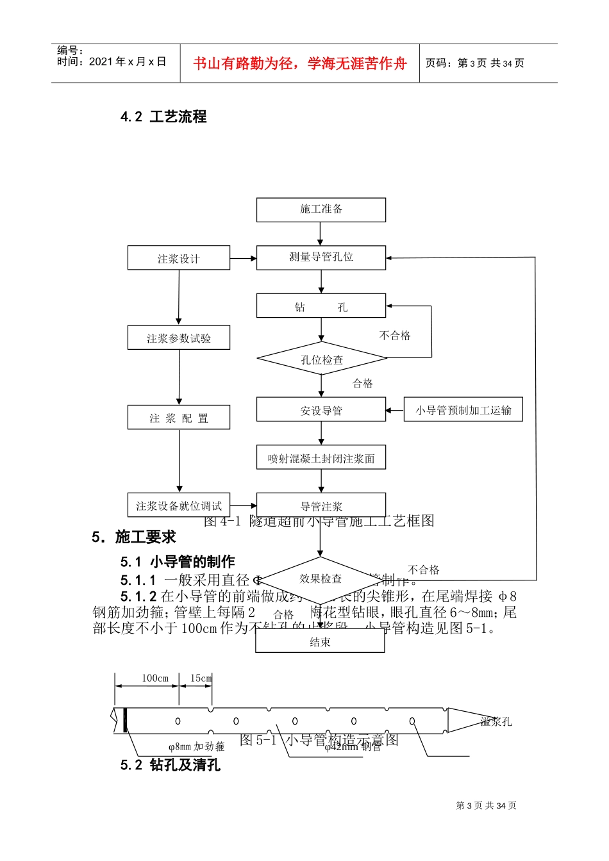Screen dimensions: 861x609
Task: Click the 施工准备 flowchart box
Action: coord(321,209)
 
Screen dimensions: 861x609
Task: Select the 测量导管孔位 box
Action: coord(321,258)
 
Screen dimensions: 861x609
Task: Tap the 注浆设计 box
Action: coord(179,258)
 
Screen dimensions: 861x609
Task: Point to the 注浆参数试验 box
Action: coord(179,338)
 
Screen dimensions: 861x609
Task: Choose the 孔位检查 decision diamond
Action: coord(322,359)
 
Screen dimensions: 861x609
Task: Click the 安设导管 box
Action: coord(321,410)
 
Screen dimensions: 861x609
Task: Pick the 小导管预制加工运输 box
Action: coord(463,410)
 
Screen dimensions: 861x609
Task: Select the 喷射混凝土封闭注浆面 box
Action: coord(321,458)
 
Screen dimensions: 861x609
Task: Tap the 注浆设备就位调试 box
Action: coord(179,505)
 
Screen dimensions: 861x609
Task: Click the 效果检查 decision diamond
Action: coord(321,579)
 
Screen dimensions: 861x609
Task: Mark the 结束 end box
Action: coord(320,641)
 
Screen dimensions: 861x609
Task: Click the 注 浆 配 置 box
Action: coord(179,418)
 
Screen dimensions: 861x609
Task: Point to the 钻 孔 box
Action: coord(321,306)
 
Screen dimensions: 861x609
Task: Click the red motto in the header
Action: coord(300,63)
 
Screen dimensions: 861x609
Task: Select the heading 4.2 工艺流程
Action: coord(163,117)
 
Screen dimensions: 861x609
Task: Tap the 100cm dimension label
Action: coord(155,678)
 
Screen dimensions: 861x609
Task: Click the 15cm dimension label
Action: coord(201,678)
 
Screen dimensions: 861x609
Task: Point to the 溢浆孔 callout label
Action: coord(496,722)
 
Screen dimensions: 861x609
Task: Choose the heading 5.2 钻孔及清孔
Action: coord(170,765)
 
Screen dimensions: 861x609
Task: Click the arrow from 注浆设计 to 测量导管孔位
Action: coord(243,258)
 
